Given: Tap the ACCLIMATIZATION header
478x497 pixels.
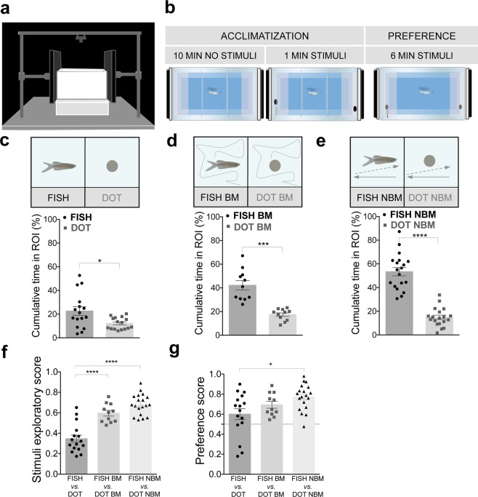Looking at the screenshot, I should pos(264,35).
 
